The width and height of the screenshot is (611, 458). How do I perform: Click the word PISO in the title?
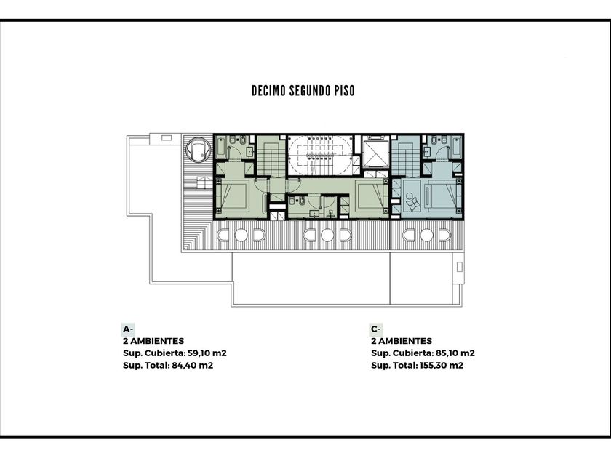(345, 91)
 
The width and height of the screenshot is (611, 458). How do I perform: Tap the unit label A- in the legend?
(128, 329)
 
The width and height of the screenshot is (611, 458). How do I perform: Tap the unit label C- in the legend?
(376, 329)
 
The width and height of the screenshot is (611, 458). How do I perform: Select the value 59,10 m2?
(207, 353)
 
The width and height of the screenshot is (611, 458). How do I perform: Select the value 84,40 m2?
(193, 365)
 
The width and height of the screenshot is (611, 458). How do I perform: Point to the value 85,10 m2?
(455, 353)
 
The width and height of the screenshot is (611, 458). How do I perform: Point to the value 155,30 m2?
(441, 365)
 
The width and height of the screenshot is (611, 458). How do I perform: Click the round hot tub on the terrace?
(198, 150)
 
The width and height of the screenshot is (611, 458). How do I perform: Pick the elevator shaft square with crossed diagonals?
(376, 154)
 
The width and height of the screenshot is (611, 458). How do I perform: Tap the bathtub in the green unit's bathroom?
(221, 148)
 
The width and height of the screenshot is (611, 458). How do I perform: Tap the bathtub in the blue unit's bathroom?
(456, 148)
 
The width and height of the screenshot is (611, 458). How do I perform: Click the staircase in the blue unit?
(406, 158)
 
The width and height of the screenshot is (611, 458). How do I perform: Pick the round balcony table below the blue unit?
(427, 236)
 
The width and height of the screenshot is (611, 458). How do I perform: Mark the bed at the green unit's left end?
(232, 196)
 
